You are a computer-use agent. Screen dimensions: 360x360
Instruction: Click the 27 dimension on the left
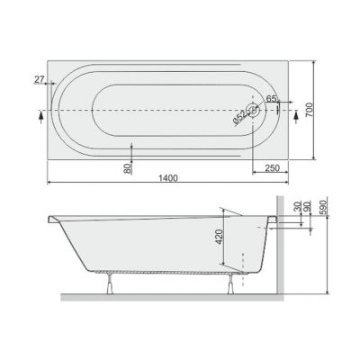[40, 80]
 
